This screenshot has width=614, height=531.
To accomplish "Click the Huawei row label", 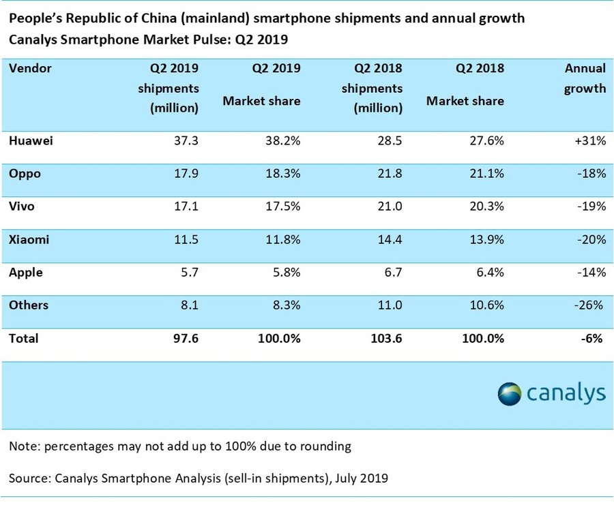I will click(x=31, y=141).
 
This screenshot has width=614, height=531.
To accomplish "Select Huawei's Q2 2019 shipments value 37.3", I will click(x=186, y=141).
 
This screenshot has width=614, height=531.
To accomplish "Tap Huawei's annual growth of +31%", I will click(x=591, y=141).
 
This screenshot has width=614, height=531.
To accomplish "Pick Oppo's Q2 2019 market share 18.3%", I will click(x=282, y=174).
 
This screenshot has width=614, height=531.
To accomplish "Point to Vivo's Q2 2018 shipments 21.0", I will click(x=389, y=207).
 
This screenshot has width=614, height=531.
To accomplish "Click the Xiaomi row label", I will click(x=29, y=239).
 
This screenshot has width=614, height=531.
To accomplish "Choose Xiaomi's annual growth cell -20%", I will click(x=591, y=239).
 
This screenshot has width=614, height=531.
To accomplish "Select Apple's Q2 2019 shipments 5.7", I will click(x=190, y=272).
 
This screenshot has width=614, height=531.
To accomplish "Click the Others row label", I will click(x=29, y=305).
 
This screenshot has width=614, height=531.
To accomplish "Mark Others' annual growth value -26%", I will click(x=591, y=305).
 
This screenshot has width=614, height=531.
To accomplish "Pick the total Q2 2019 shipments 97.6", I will click(x=186, y=337).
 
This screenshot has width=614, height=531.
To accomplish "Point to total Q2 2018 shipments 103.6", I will click(x=384, y=337).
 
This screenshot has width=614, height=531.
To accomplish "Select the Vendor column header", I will click(x=31, y=68).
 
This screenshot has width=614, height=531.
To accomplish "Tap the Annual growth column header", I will click(x=585, y=78).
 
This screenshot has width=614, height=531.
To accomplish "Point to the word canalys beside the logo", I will click(x=566, y=393).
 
